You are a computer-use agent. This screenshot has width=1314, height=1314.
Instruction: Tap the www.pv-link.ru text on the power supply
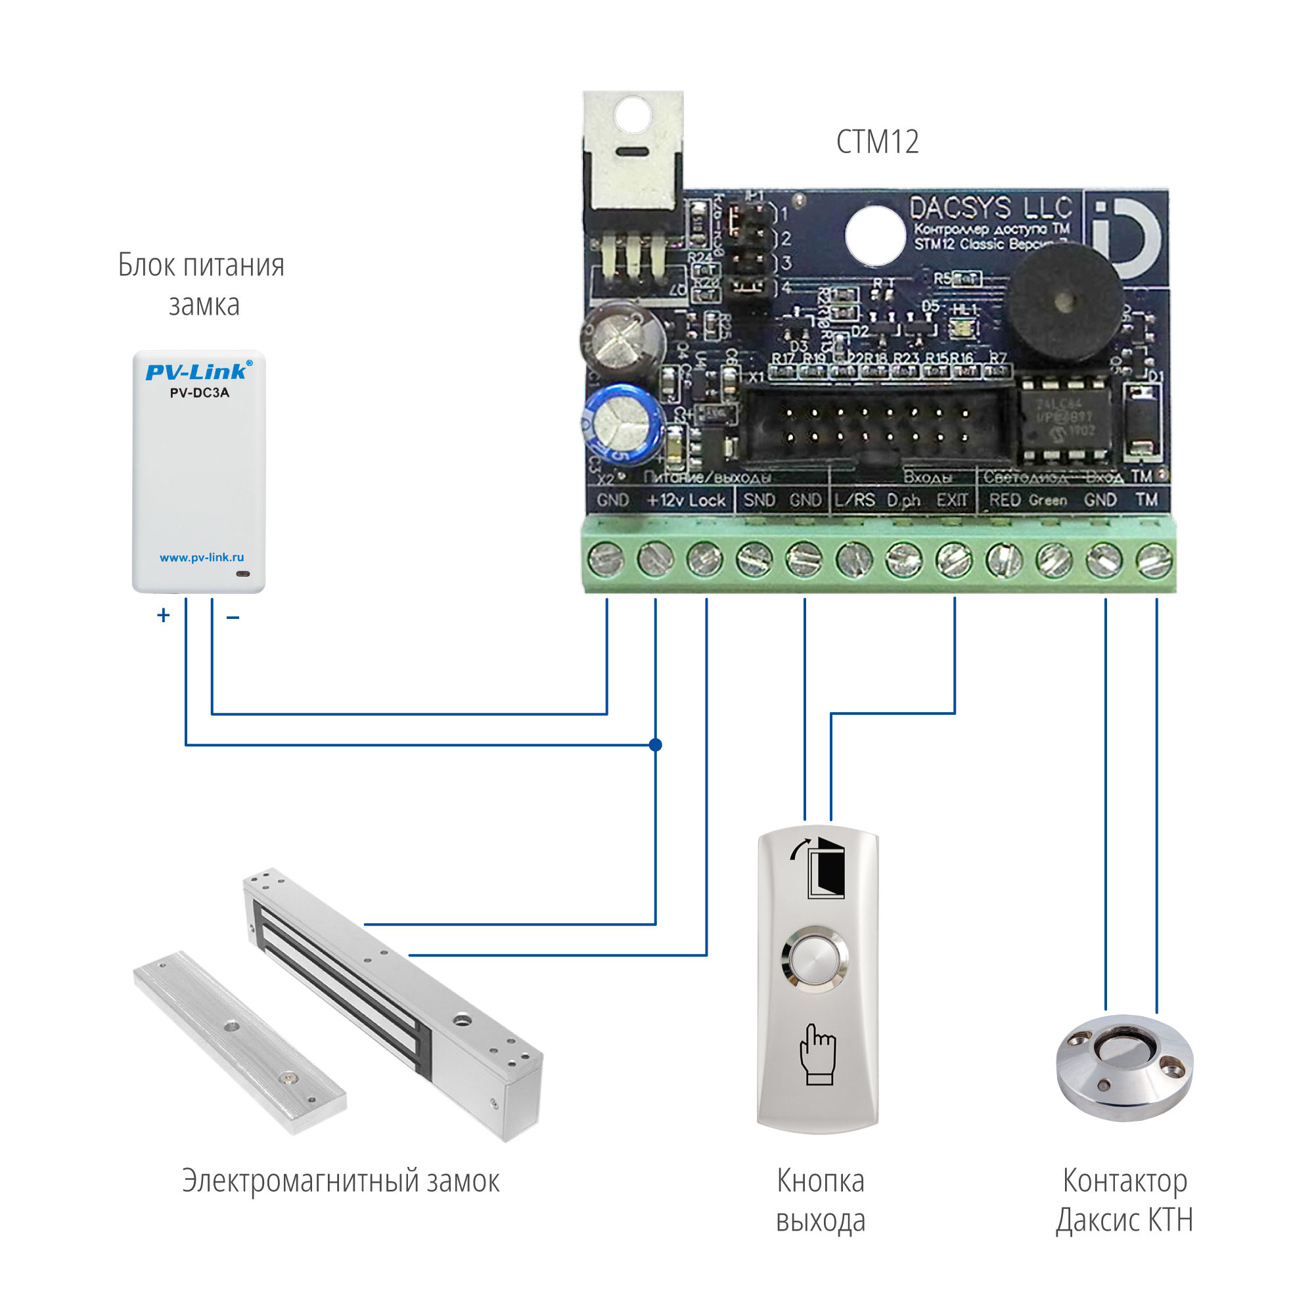click(201, 558)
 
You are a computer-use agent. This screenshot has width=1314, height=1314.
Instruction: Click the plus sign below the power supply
click(163, 616)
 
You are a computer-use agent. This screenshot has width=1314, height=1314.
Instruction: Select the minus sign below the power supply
click(233, 618)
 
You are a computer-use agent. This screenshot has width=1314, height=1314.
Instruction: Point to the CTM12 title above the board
click(877, 141)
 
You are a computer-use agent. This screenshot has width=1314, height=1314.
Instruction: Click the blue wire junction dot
click(656, 745)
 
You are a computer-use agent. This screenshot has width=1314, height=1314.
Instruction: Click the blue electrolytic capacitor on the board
click(623, 422)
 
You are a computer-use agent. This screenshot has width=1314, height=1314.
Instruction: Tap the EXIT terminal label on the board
click(951, 501)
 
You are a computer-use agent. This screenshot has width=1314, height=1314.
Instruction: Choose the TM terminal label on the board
click(1146, 500)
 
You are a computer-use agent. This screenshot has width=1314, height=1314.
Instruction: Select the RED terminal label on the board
click(1005, 501)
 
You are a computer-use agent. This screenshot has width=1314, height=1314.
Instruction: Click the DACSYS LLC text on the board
click(990, 208)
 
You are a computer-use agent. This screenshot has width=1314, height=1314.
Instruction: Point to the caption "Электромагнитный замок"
click(341, 1181)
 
